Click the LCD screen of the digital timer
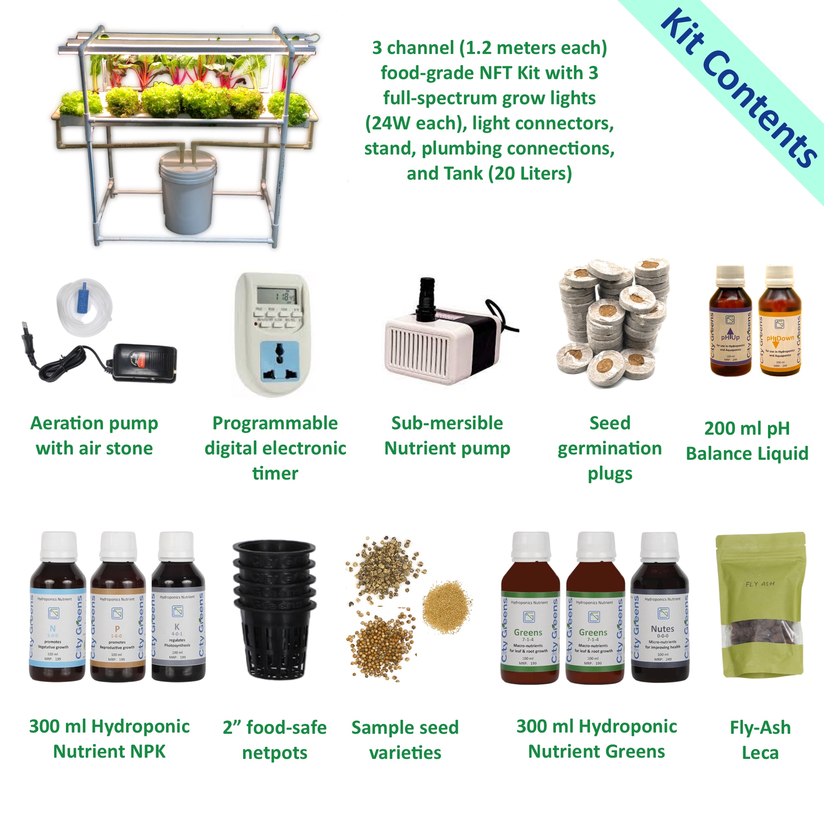point(276,295)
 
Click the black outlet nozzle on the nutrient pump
point(425,299)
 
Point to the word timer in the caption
point(275,473)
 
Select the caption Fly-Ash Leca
point(760,740)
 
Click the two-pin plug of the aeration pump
point(29,337)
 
